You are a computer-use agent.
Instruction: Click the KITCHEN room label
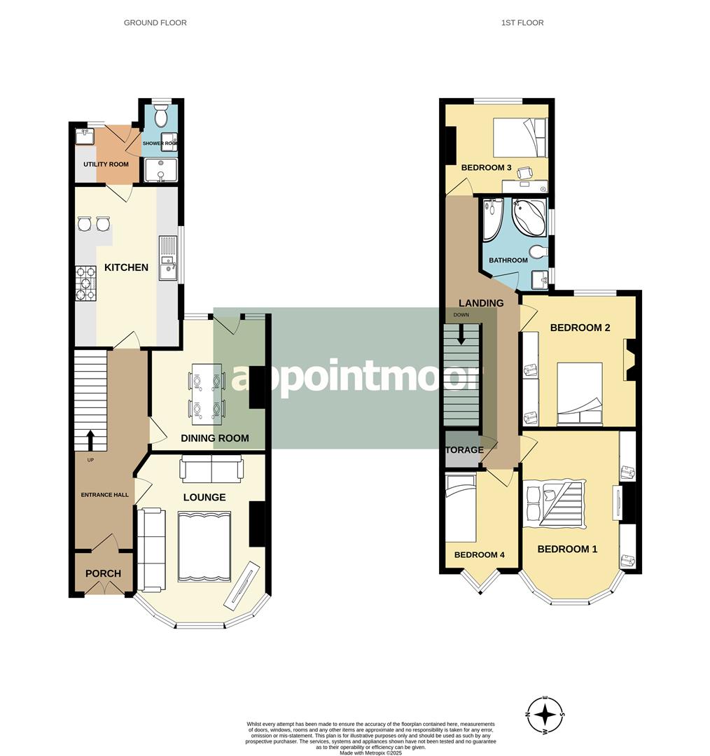[x=126, y=267]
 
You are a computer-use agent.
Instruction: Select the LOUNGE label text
[x=204, y=498]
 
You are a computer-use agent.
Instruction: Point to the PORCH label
[x=103, y=574]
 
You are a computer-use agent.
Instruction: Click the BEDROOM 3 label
[x=487, y=168]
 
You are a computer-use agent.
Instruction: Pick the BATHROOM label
[x=508, y=260]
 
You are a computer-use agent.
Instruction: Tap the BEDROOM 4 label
[x=480, y=555]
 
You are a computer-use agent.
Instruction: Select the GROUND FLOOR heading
[x=155, y=23]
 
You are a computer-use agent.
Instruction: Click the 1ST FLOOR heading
[x=522, y=23]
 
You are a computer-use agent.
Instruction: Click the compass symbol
[x=545, y=715]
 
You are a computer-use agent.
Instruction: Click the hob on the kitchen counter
[x=85, y=283]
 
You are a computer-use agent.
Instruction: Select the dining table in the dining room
[x=207, y=393]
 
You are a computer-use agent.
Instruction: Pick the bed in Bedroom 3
[x=519, y=137]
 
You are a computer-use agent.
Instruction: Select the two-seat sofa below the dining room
[x=211, y=468]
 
